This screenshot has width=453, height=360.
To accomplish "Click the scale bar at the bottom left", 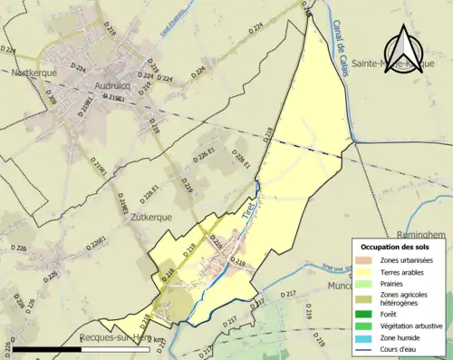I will click(86, 348).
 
